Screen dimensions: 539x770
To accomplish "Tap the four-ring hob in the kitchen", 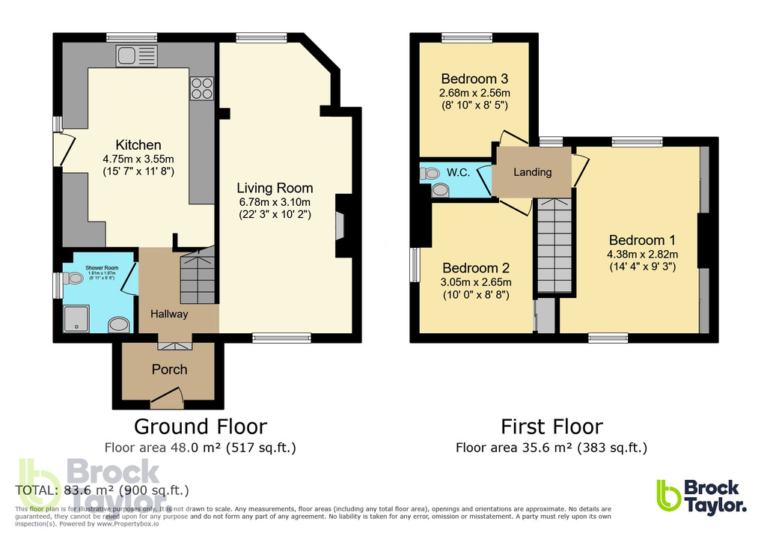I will point(201,89).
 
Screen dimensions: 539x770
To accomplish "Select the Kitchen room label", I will point(138,145).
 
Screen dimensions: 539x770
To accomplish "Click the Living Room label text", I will point(275,188).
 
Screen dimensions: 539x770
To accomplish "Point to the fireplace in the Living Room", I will point(341,222).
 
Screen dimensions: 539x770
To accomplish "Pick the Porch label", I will point(170,369).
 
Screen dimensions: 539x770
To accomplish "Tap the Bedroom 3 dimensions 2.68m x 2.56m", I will point(474,93).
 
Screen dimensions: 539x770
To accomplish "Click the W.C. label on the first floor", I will point(458,172).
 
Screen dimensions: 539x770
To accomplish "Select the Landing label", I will point(532,172).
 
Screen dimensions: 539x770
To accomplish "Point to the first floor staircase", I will point(554,247).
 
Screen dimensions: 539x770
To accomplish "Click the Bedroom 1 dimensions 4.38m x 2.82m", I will point(642,254).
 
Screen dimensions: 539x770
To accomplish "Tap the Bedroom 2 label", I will point(476,268).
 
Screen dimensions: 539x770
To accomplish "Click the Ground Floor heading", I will point(200,427).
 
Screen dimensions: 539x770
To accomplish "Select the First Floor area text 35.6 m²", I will point(551,448).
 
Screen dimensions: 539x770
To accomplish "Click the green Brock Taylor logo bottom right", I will point(700,496).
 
